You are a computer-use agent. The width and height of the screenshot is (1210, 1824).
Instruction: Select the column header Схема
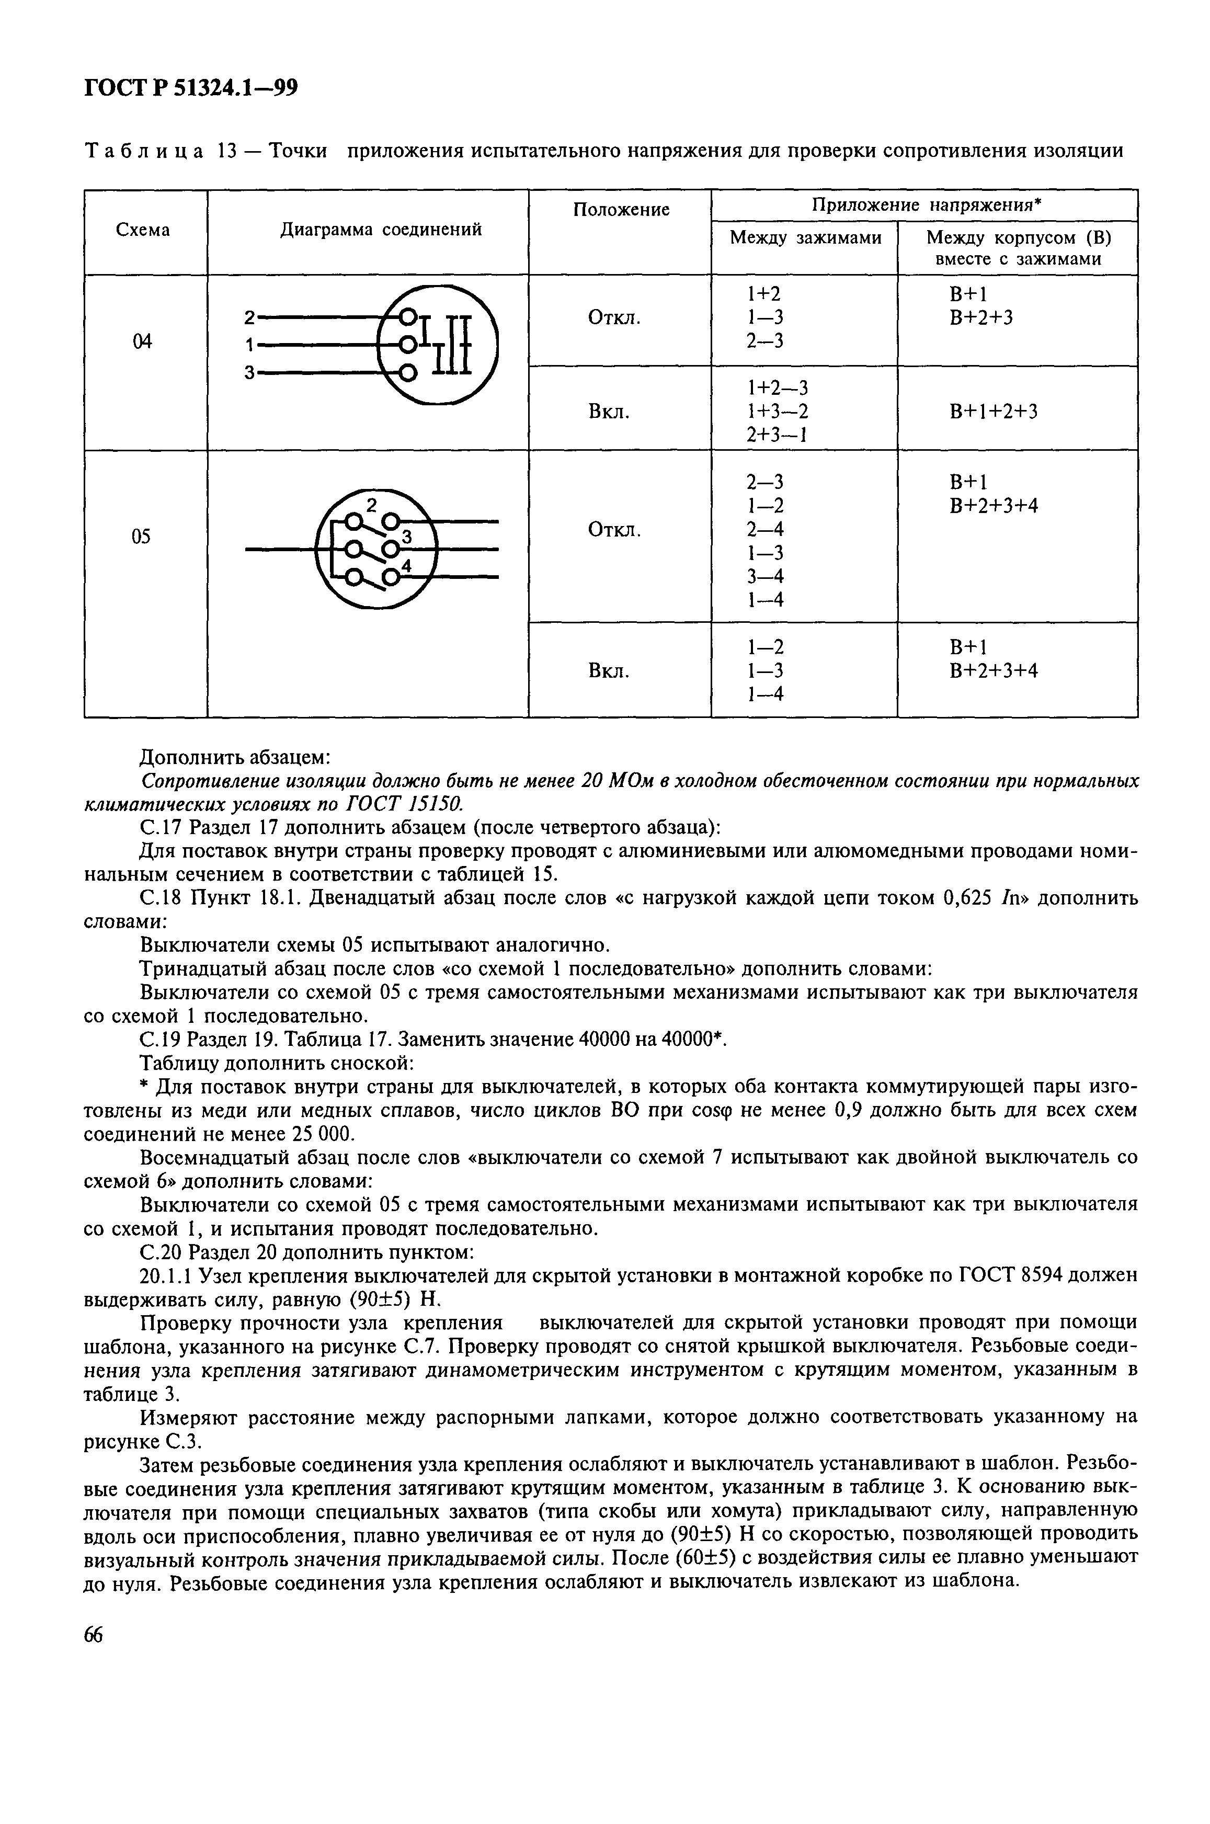click(143, 230)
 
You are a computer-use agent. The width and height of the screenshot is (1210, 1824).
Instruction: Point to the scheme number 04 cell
click(143, 341)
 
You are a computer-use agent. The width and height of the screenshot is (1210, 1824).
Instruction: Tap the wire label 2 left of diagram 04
click(248, 317)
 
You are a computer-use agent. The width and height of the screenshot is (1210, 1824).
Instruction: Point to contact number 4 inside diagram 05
click(407, 566)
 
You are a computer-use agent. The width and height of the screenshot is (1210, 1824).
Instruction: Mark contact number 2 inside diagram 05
click(371, 505)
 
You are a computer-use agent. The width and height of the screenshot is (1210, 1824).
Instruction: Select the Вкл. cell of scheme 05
click(609, 670)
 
